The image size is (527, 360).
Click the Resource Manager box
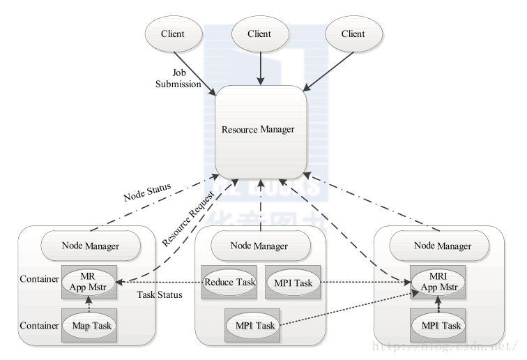[260, 130]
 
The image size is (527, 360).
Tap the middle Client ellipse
[259, 34]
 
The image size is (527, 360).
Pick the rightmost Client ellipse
[353, 34]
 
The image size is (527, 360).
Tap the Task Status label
[160, 294]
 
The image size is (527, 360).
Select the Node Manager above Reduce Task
[260, 245]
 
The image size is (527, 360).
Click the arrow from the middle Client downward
[259, 68]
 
